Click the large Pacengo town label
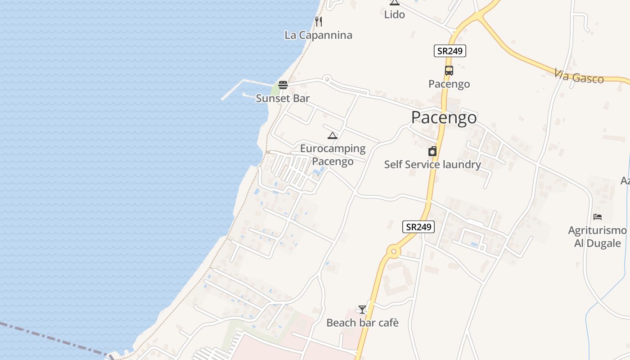coord(444,117)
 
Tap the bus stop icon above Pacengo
coord(449,71)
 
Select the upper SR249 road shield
coord(450,51)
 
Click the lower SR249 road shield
coord(418,227)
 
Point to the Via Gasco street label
coord(579,76)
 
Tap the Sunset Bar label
coord(283,98)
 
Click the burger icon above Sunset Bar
coord(283,85)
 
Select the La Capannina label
coord(318,35)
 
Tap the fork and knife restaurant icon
coord(318,21)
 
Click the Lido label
coord(394,14)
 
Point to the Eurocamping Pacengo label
coord(333,154)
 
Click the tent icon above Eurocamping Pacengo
coord(332,135)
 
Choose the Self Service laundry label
coord(432,165)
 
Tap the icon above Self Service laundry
coord(432,151)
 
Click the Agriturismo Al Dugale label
coord(597,237)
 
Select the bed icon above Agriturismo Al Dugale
coord(597,217)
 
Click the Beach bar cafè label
coord(362,323)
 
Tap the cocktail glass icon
coord(362,309)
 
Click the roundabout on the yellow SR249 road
coord(394,252)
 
